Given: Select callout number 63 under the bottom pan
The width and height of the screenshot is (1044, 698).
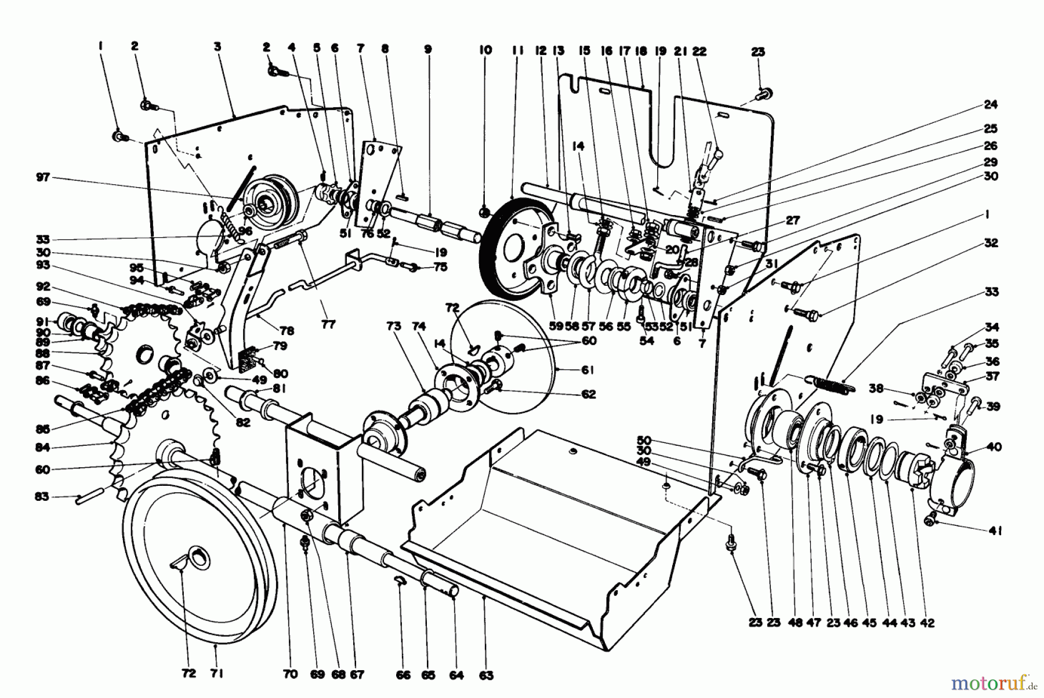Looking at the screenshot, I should pyautogui.click(x=485, y=675).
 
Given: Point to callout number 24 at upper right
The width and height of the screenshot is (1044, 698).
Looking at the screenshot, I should pyautogui.click(x=990, y=105).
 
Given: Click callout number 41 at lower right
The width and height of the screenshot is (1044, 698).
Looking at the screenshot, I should pyautogui.click(x=996, y=530).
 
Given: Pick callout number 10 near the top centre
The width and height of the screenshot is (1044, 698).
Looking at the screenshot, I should pyautogui.click(x=485, y=50).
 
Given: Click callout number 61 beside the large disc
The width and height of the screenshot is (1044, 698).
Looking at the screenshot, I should pyautogui.click(x=588, y=370).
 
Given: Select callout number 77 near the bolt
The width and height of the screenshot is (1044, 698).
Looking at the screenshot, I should pyautogui.click(x=328, y=325).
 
